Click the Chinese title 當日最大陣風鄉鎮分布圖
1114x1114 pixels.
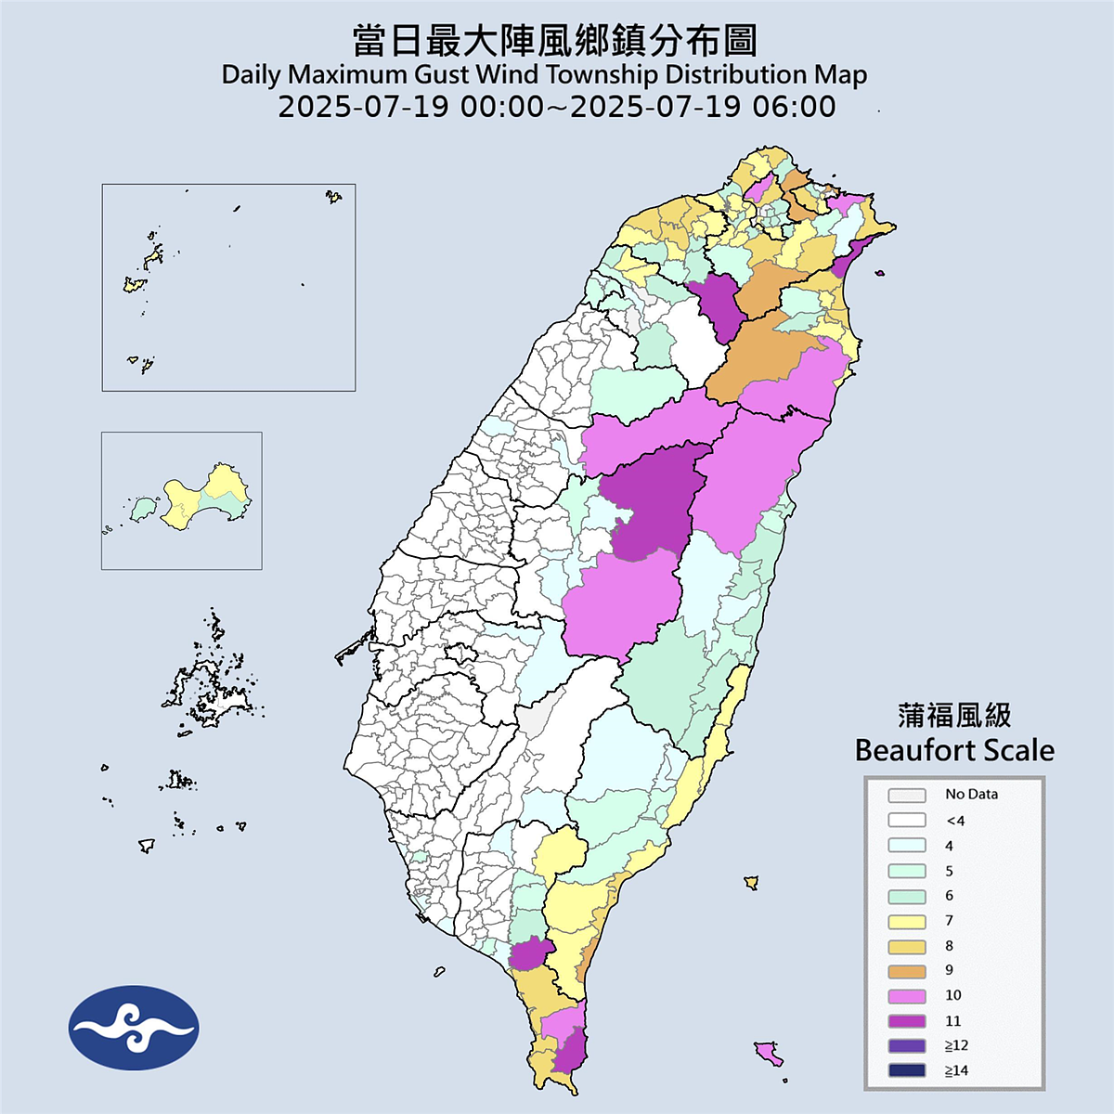pos(555,41)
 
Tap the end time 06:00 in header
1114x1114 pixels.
pos(794,107)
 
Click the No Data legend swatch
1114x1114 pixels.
pos(906,796)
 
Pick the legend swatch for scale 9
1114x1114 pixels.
pos(906,971)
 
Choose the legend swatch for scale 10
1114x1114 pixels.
pos(906,996)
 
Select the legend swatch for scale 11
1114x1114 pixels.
pos(906,1021)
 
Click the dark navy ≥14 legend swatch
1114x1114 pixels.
pos(906,1071)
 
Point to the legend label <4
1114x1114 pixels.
pos(955,821)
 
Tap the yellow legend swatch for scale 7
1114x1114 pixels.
pos(906,921)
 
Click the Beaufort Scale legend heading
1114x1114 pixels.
pos(954,750)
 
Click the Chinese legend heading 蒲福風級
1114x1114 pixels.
pos(954,716)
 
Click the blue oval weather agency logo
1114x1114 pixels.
pos(134,1028)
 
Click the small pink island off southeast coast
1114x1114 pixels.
pos(768,1053)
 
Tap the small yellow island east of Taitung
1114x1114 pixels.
pos(751,882)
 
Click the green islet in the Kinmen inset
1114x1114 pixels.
pos(141,508)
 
